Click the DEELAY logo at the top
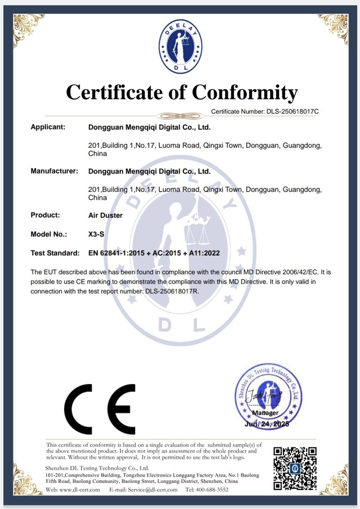click(181, 47)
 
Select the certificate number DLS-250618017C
click(292, 112)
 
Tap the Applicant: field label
click(48, 127)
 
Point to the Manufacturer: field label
click(54, 171)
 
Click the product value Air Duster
click(105, 215)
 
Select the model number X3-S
click(96, 234)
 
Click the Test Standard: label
click(55, 253)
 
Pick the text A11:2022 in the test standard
click(204, 253)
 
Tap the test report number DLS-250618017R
click(172, 291)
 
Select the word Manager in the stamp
click(265, 413)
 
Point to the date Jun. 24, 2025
click(267, 424)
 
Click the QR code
click(295, 468)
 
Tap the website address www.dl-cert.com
click(80, 490)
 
